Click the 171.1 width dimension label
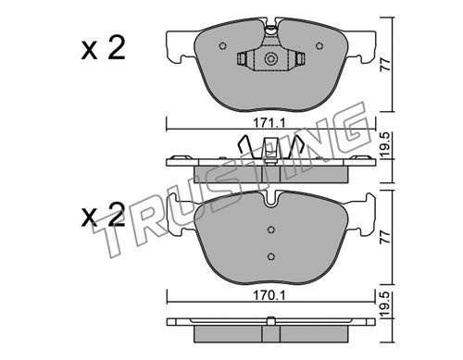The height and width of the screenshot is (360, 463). tap(269, 123)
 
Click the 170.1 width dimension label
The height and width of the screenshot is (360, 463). tap(269, 295)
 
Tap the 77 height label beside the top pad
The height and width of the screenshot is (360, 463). tap(385, 65)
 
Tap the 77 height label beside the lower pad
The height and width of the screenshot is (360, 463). tap(385, 237)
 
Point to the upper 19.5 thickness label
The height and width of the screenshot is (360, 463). tap(385, 145)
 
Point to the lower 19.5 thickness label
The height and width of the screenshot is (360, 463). tap(385, 304)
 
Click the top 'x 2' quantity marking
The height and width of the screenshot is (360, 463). tap(103, 48)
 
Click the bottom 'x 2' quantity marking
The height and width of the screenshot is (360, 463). tap(103, 215)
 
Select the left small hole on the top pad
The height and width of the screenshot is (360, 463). tap(222, 46)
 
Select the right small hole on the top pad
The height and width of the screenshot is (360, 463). tap(319, 46)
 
